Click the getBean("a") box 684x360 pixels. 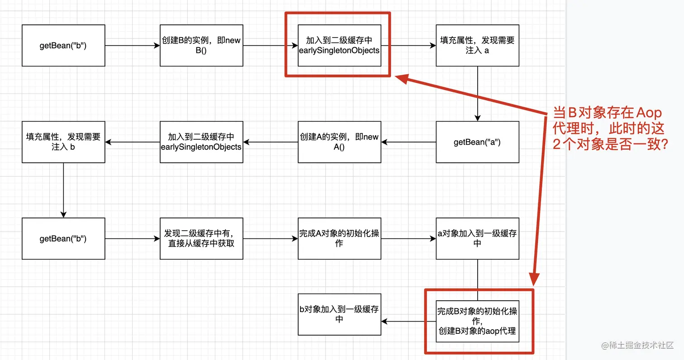477,142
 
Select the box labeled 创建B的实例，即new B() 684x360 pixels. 201,46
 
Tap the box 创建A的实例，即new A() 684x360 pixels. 339,142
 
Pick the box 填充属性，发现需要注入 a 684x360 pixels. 477,46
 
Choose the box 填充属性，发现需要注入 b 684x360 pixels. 63,142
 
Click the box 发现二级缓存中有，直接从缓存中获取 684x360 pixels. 201,238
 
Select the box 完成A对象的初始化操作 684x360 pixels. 339,238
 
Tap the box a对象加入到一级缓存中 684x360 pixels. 477,238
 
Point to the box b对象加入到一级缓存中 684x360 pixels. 339,314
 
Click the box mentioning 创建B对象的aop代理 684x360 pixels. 477,321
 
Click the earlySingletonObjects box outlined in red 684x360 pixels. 339,46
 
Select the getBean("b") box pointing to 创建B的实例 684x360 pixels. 63,46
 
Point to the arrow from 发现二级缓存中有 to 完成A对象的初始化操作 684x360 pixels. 270,238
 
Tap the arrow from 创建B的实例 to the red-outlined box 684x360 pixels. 270,46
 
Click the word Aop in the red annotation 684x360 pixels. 649,113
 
